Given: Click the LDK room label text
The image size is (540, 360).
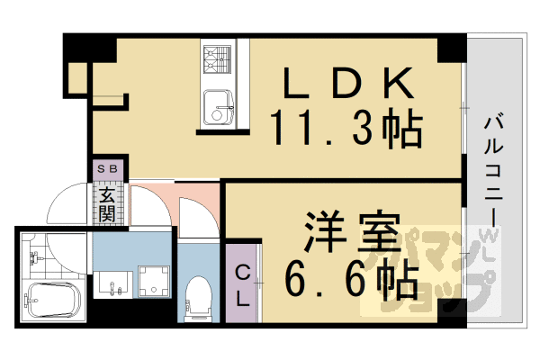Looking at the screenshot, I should (x=347, y=85).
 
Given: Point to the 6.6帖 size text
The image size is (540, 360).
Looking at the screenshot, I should (x=351, y=281).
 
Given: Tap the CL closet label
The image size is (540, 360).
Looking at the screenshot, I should (x=242, y=286).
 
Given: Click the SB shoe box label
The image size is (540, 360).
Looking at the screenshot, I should (x=107, y=168).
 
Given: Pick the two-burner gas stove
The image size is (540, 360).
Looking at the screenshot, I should (x=216, y=61).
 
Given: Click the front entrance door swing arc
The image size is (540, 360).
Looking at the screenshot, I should (x=67, y=205).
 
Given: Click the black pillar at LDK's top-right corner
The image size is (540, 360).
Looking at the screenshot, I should (x=451, y=49).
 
